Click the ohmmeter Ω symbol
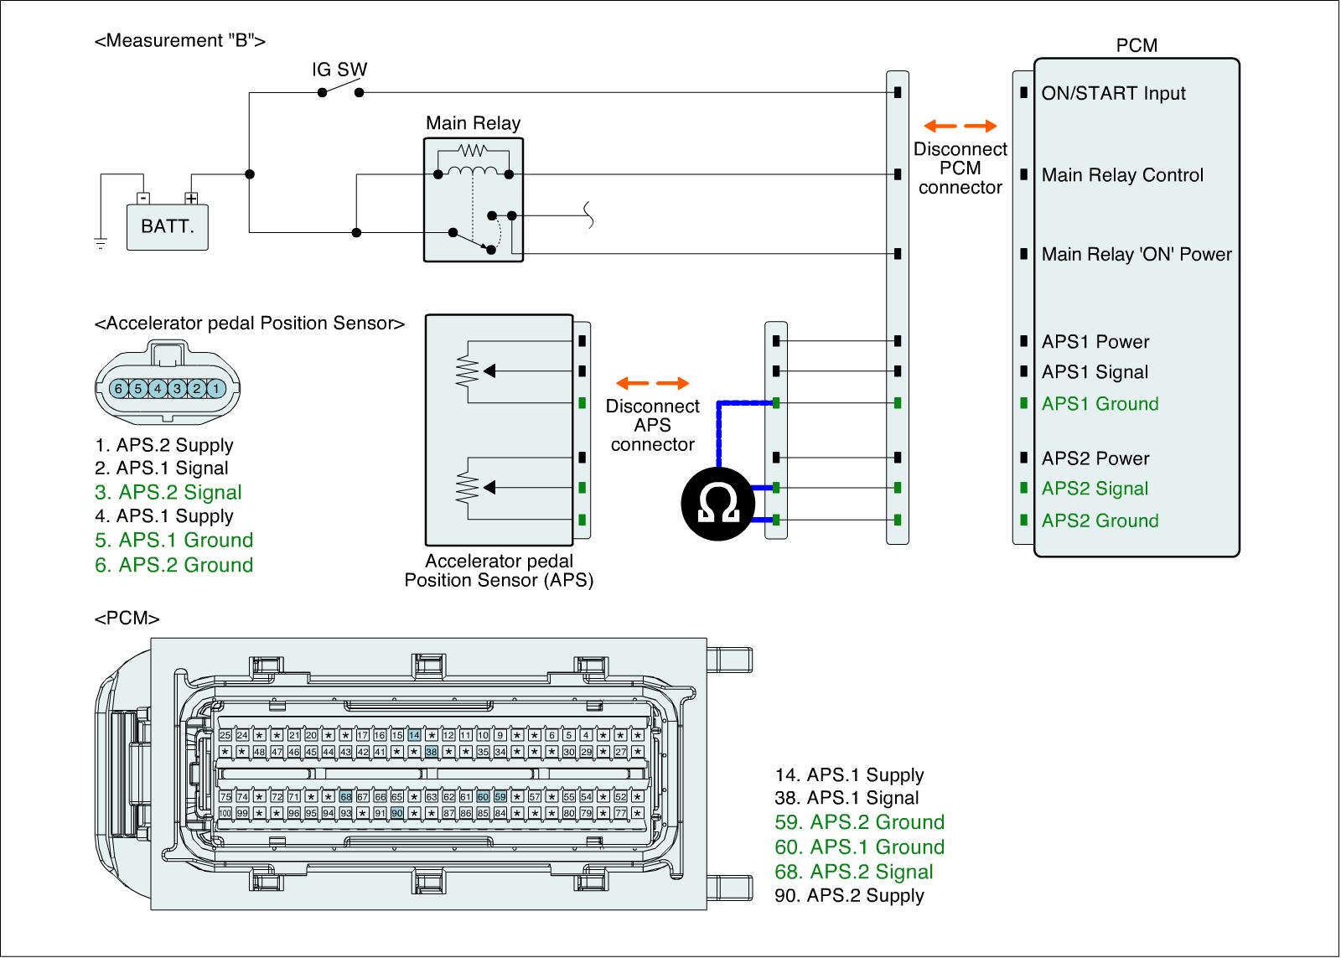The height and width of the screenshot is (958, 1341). point(717,503)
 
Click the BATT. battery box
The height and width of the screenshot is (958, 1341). point(167,225)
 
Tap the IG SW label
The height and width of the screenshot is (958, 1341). point(339,70)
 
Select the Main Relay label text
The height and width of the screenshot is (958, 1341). point(473,123)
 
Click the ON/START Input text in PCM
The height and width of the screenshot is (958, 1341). point(1113,93)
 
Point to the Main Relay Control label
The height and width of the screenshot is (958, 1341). point(1122,175)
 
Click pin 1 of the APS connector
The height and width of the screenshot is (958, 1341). point(215,389)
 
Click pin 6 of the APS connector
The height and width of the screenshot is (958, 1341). point(118,389)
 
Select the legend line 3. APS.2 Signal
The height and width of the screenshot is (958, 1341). point(168,492)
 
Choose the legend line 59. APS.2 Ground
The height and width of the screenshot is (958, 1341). point(859,822)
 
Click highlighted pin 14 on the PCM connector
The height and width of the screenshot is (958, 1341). point(414,735)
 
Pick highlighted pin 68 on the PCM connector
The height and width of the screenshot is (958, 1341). point(345,797)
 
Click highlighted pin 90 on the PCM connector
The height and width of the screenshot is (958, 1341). point(397,813)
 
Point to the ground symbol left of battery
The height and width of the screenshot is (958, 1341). point(101,244)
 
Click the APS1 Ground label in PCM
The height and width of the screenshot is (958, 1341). point(1100,404)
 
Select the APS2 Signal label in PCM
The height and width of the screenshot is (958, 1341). point(1095,489)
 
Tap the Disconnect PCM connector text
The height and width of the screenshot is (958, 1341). point(960,168)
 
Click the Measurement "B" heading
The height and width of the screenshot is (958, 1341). point(180,41)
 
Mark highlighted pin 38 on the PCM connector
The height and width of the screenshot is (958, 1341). point(432,752)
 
